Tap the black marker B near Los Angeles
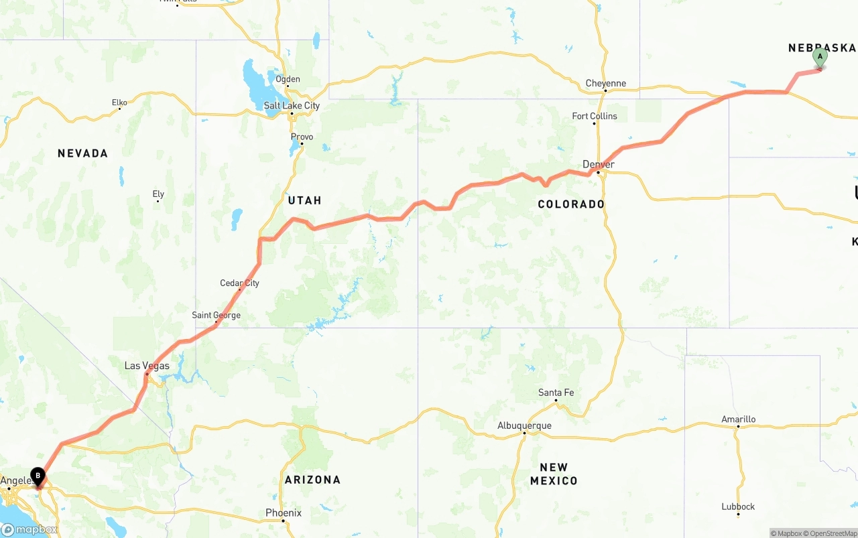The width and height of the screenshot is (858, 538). pos(38,476)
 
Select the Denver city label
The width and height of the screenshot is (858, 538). pos(598,164)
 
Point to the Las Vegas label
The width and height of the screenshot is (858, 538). pos(147,366)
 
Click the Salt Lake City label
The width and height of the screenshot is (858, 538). pos(292,105)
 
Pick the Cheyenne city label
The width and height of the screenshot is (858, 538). pos(605,84)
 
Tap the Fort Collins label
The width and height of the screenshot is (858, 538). pos(595,116)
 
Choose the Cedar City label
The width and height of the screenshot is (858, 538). pos(239,283)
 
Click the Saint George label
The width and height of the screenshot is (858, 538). pos(216,315)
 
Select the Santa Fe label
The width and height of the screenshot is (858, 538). pos(556,393)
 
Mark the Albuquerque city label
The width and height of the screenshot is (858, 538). pos(524,425)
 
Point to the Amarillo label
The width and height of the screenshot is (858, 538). pos(738,419)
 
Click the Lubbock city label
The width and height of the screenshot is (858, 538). pos(738,507)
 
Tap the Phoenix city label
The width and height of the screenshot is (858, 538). pos(283,513)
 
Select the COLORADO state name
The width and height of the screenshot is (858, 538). pos(571,204)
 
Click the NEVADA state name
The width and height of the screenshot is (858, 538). pos(82,153)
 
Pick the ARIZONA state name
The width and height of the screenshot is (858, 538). pos(312,480)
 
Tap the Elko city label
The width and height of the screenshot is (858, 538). pos(119,103)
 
